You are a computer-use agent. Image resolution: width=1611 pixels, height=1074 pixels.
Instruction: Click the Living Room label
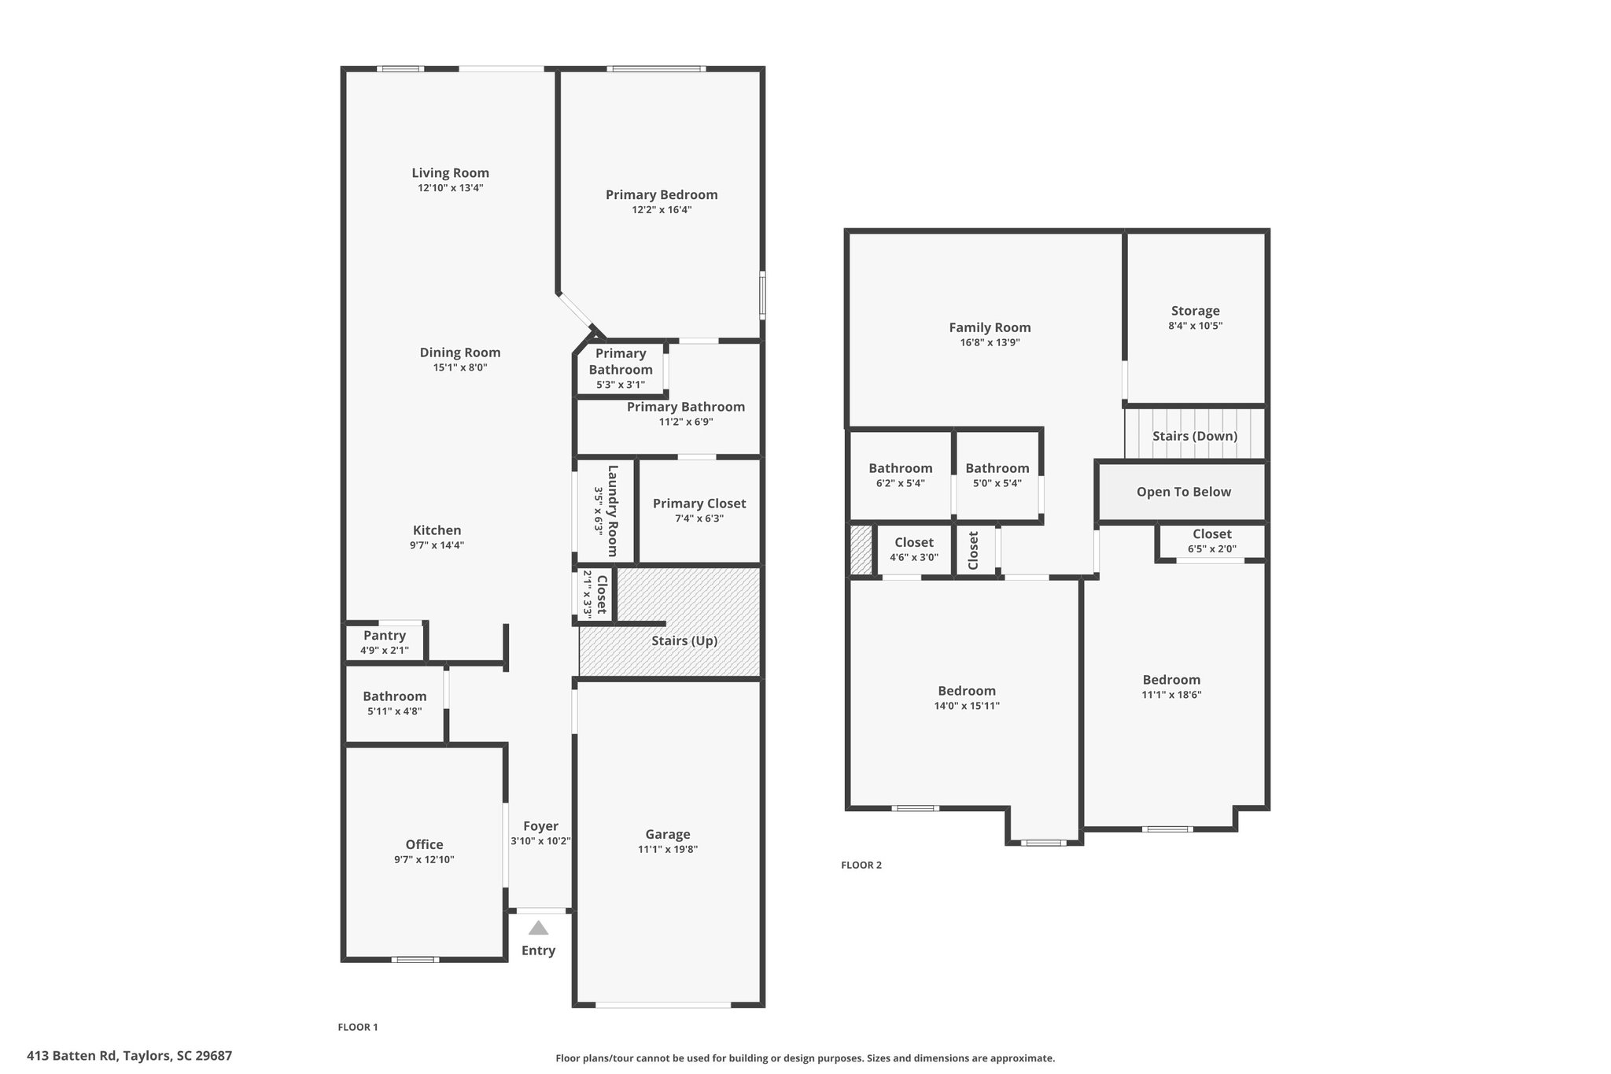(x=450, y=173)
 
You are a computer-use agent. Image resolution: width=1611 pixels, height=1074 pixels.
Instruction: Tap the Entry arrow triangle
(x=538, y=928)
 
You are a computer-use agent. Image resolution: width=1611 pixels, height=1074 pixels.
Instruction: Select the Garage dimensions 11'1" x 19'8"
(x=667, y=849)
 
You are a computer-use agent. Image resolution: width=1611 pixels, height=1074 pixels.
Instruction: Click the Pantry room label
(x=385, y=636)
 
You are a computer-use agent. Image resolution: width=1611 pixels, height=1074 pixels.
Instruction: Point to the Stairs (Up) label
(x=684, y=640)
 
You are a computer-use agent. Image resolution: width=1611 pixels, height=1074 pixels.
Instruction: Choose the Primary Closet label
(x=699, y=504)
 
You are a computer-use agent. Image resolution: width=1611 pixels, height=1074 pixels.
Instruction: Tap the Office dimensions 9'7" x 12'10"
(x=424, y=859)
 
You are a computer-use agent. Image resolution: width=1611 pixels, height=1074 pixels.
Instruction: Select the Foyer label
(x=540, y=826)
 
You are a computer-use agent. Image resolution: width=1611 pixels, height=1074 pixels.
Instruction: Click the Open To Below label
(x=1183, y=492)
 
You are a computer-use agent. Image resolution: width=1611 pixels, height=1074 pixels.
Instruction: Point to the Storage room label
(x=1195, y=311)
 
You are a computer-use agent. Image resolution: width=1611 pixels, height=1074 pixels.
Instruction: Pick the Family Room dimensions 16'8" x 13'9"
(x=989, y=342)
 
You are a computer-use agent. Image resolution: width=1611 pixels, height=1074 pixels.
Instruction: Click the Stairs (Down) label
(x=1194, y=436)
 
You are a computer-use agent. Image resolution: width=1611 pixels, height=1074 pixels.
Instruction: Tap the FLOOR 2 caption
(x=861, y=865)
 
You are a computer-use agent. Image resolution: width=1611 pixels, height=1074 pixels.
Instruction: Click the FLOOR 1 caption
(x=358, y=1027)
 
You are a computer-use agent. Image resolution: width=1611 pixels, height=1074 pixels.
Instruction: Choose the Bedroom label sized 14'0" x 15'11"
(x=966, y=691)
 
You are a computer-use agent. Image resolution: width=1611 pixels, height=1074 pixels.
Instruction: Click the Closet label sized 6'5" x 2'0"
(x=1211, y=534)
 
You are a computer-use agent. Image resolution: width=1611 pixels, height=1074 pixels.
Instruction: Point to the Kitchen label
(x=437, y=530)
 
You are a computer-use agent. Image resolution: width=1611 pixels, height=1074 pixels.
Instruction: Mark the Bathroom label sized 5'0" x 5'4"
(x=997, y=468)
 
